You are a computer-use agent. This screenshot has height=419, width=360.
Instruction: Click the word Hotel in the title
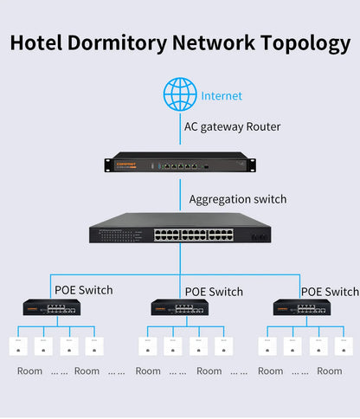coord(40,42)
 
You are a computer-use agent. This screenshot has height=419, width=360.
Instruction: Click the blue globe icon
coord(180,94)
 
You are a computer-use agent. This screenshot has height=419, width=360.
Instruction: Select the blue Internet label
coord(222,96)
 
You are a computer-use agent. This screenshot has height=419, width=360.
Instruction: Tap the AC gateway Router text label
coord(232,126)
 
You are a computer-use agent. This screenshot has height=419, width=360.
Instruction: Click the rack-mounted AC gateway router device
coord(180,164)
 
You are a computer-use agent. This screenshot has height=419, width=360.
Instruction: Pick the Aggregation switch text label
coord(237,199)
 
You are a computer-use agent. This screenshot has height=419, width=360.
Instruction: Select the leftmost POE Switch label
coord(83,291)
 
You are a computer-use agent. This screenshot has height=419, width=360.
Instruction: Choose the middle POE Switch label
coord(214,292)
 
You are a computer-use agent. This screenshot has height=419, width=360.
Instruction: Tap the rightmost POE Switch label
coord(330,292)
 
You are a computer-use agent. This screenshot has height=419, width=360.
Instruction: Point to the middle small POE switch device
coord(179,307)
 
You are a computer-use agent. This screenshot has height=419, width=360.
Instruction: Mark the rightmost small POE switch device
coord(301,307)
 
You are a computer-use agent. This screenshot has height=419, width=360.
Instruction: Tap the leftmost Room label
coord(29,371)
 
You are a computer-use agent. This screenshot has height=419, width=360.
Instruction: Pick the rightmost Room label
coord(329,371)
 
